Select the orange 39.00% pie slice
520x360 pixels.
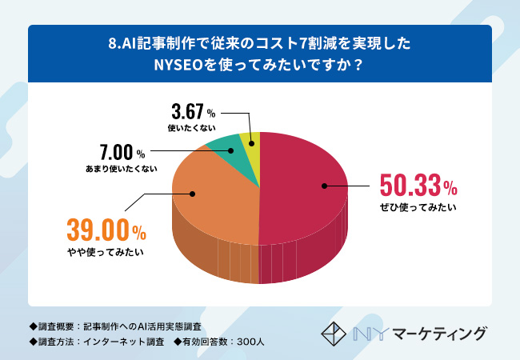point(216,200)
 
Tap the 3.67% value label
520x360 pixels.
point(193,111)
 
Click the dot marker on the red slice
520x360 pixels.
point(325,186)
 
